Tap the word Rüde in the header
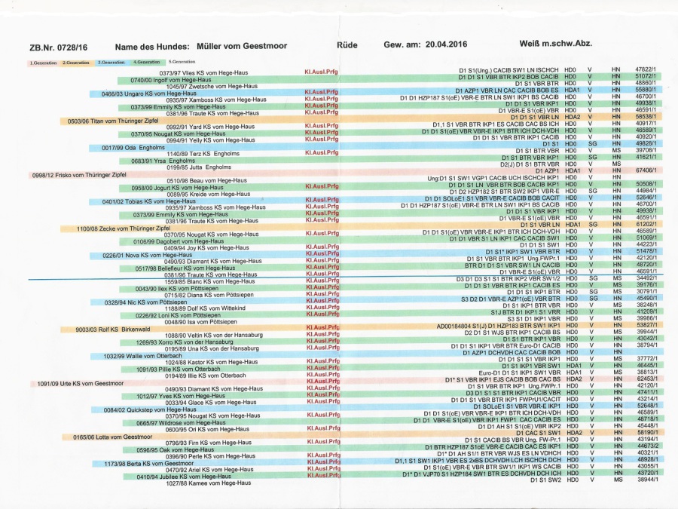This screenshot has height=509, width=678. tap(347, 46)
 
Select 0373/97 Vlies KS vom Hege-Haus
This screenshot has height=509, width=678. tap(202, 72)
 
